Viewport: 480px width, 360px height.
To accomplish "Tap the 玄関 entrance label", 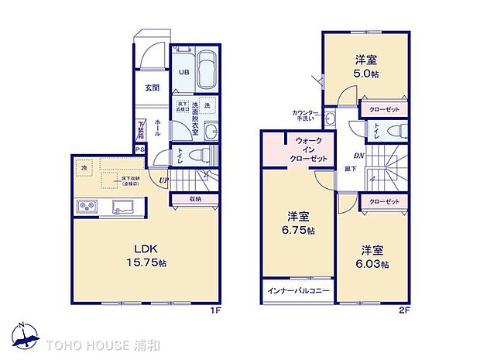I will [152, 87].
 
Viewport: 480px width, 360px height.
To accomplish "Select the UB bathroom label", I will [184, 72].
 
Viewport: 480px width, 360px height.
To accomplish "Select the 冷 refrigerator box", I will [84, 166].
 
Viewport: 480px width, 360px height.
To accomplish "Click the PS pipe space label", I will [140, 149].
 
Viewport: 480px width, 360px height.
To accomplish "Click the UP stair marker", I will [163, 181].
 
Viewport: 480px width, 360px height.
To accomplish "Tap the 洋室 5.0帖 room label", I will [366, 66].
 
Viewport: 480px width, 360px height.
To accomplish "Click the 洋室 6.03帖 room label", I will [373, 257].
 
